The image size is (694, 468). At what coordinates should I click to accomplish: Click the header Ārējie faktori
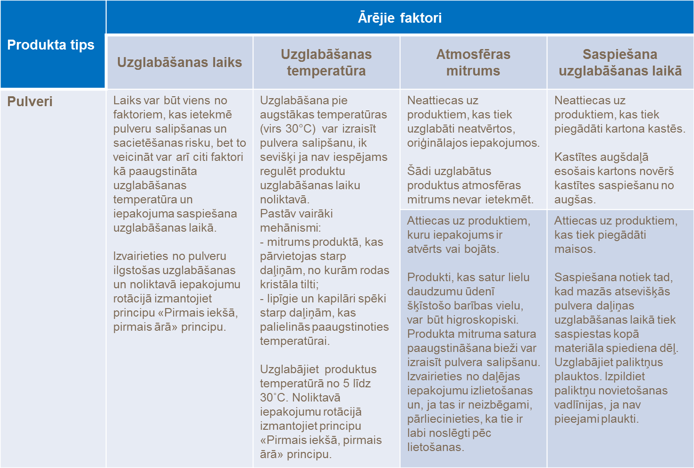click(400, 18)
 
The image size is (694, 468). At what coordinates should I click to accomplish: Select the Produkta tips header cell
click(51, 45)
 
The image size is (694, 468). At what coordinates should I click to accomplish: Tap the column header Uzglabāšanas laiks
click(179, 62)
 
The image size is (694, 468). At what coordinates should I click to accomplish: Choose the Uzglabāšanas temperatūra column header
click(326, 62)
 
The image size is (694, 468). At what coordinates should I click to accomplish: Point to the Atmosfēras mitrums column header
click(473, 62)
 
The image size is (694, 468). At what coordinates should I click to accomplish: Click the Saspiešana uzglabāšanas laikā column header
click(620, 62)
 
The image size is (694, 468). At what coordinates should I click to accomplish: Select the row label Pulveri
click(30, 101)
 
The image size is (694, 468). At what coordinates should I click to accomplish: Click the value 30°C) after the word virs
click(300, 129)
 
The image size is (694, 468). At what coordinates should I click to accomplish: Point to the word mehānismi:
click(290, 228)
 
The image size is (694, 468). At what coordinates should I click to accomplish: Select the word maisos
click(575, 249)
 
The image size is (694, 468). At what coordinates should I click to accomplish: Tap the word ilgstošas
click(136, 270)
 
